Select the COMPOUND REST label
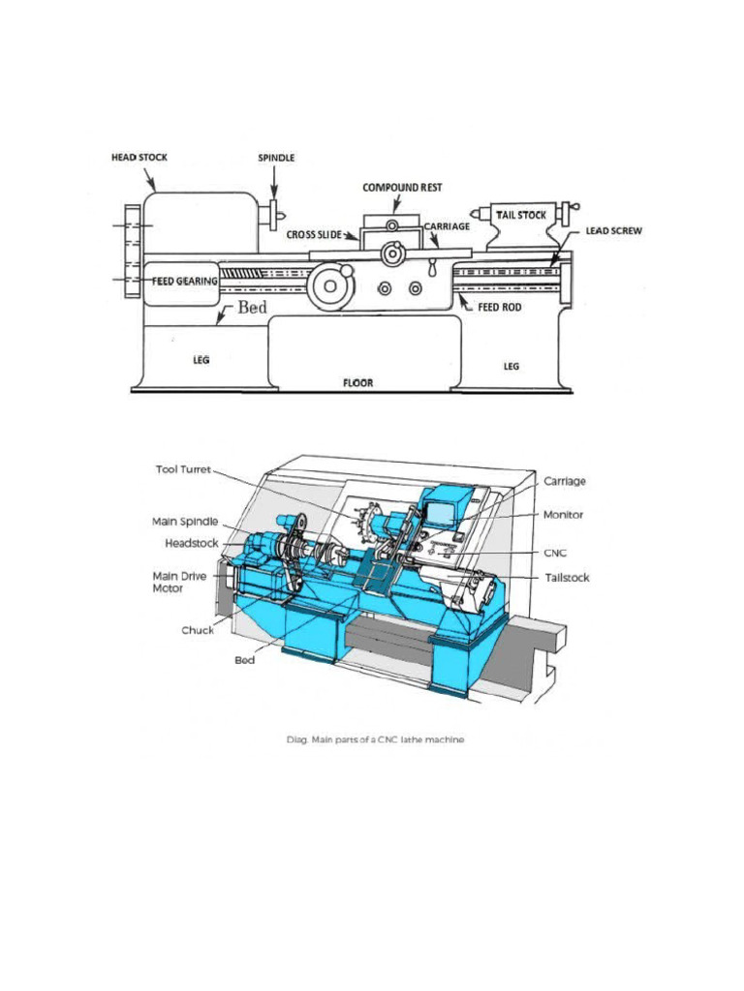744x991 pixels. pos(402,187)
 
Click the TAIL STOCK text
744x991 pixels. pos(521,215)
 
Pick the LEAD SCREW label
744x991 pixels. pos(614,232)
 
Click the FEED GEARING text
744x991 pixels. pos(184,281)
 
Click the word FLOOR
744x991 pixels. pos(358,382)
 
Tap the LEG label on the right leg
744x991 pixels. pos(512,366)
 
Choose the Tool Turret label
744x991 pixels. pos(185,470)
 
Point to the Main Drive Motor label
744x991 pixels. pos(180,582)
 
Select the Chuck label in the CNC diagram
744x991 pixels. pos(198,630)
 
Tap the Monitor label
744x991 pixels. pos(563,515)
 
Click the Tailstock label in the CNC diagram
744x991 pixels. pos(567,578)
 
